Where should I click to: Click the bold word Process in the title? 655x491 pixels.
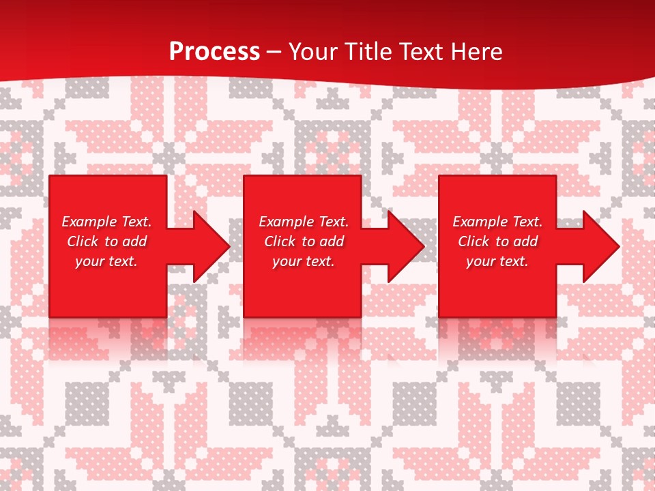coord(214,52)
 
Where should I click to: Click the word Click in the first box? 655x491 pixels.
coord(83,241)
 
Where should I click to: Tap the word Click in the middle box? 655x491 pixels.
coord(280,241)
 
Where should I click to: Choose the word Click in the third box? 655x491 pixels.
coord(474,241)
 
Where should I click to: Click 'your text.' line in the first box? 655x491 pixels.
coord(106,261)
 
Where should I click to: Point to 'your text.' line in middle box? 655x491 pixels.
coord(304,261)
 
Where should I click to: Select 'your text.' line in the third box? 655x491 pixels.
coord(497,261)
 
